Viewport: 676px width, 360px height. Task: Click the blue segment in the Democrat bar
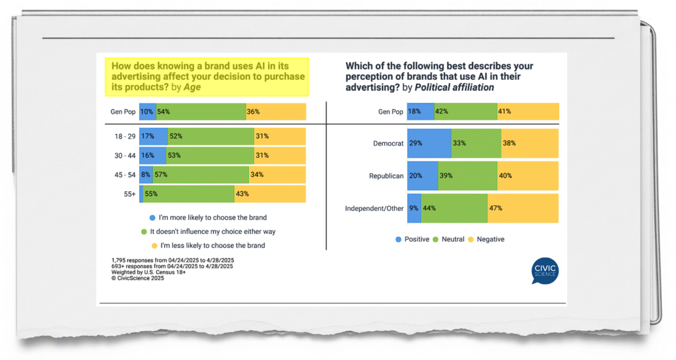point(428,143)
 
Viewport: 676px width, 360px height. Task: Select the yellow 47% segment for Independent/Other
point(523,208)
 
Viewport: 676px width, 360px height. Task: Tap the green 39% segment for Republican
point(467,176)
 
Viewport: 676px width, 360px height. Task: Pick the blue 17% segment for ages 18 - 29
point(153,136)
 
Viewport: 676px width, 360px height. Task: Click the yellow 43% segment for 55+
point(270,194)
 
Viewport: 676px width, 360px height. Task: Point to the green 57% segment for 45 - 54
point(201,175)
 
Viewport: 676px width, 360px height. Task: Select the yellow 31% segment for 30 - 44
point(280,155)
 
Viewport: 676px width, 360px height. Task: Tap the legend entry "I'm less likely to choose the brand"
point(209,246)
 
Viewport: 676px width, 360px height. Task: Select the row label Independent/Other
point(374,208)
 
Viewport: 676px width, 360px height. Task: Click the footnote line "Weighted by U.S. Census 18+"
point(149,272)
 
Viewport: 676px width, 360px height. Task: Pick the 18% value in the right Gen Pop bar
point(415,112)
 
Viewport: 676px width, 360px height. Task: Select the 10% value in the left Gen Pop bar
point(147,112)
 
